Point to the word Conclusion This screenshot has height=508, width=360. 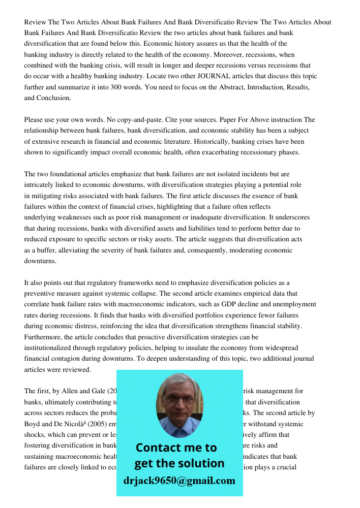tap(53, 98)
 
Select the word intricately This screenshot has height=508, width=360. tap(42, 185)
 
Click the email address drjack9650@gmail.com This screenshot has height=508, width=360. tap(179, 481)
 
